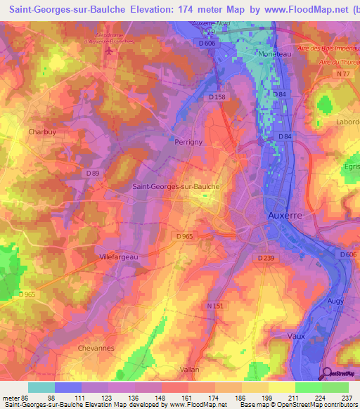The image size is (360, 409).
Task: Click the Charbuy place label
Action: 32,131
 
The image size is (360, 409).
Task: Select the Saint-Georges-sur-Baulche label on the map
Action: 176,187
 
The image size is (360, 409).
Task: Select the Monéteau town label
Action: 275,53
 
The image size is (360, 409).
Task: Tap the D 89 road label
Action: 93,173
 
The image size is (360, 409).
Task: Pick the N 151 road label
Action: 215,305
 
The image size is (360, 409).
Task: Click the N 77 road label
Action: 342,74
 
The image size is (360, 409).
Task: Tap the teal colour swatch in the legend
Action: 41,387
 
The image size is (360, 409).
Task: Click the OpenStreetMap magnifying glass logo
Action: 327,374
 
